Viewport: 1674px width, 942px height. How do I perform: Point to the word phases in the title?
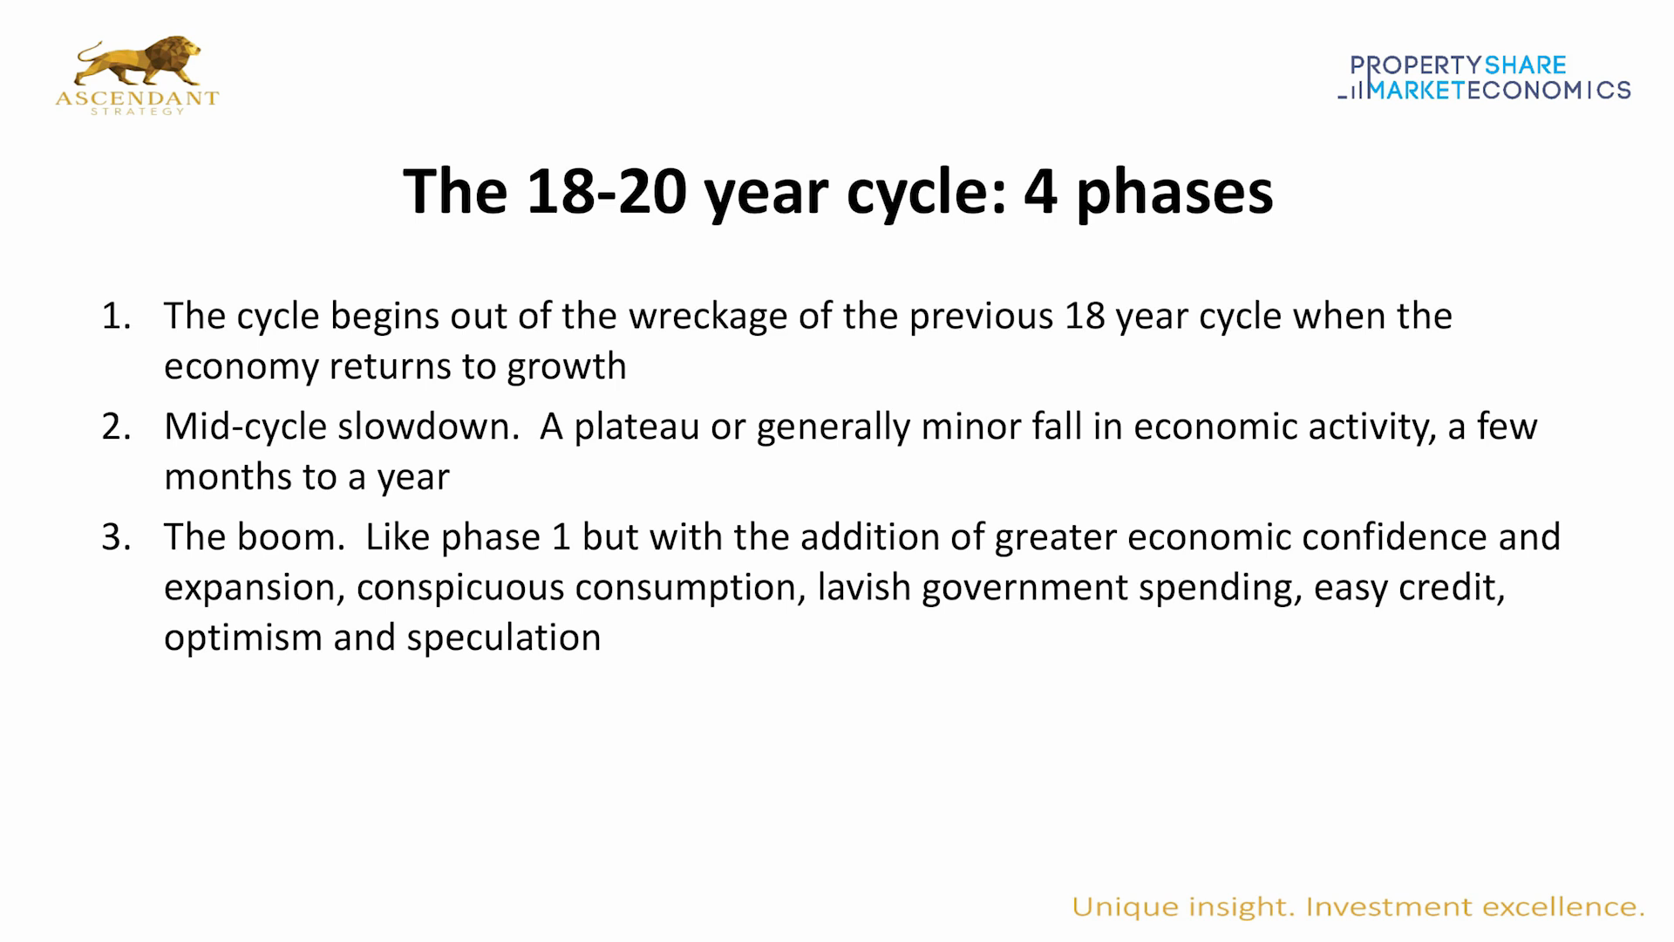coord(1174,192)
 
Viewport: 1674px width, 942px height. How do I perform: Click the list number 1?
coord(115,317)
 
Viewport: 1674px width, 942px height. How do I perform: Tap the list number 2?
coord(115,427)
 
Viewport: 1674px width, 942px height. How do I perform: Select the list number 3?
coord(115,538)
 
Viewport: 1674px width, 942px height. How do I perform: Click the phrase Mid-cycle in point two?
coord(244,427)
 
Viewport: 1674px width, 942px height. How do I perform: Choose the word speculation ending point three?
coord(504,638)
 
